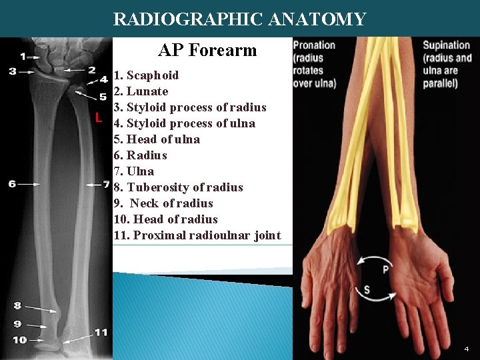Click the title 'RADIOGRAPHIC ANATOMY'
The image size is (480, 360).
tap(239, 19)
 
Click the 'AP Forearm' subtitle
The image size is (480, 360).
tap(207, 50)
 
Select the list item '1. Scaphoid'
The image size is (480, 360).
tap(146, 75)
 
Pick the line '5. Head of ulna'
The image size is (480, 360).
tap(157, 139)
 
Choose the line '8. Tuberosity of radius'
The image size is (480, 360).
tap(178, 187)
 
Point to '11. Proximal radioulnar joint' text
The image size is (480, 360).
tap(197, 235)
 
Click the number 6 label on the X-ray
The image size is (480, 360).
tap(12, 183)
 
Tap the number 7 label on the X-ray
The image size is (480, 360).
tap(106, 183)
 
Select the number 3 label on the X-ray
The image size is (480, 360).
tap(12, 71)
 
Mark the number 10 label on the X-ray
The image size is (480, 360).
tap(19, 340)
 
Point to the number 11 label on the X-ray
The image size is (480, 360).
tap(101, 332)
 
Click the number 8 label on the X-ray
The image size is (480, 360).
tap(17, 306)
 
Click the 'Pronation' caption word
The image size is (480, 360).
tap(314, 45)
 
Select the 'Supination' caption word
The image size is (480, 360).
tap(446, 45)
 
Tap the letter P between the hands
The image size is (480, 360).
tap(385, 269)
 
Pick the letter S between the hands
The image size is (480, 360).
tap(367, 290)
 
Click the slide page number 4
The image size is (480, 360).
tap(467, 349)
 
